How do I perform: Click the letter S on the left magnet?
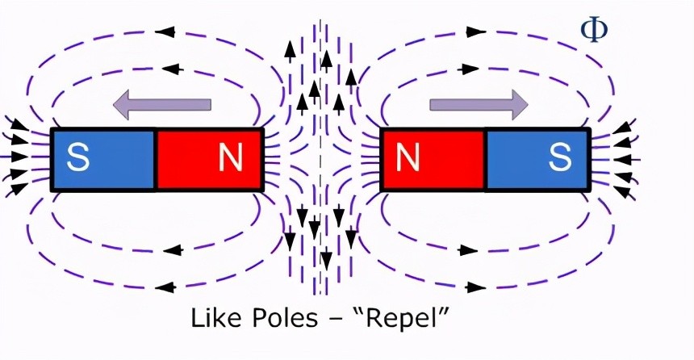pyautogui.click(x=78, y=159)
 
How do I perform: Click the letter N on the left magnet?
pyautogui.click(x=231, y=159)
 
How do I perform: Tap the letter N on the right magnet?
pyautogui.click(x=408, y=159)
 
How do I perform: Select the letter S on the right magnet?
pyautogui.click(x=559, y=159)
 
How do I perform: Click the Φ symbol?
pyautogui.click(x=594, y=29)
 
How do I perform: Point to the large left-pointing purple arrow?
pyautogui.click(x=161, y=104)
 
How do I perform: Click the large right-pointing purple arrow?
pyautogui.click(x=479, y=104)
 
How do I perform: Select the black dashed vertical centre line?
pyautogui.click(x=320, y=161)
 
